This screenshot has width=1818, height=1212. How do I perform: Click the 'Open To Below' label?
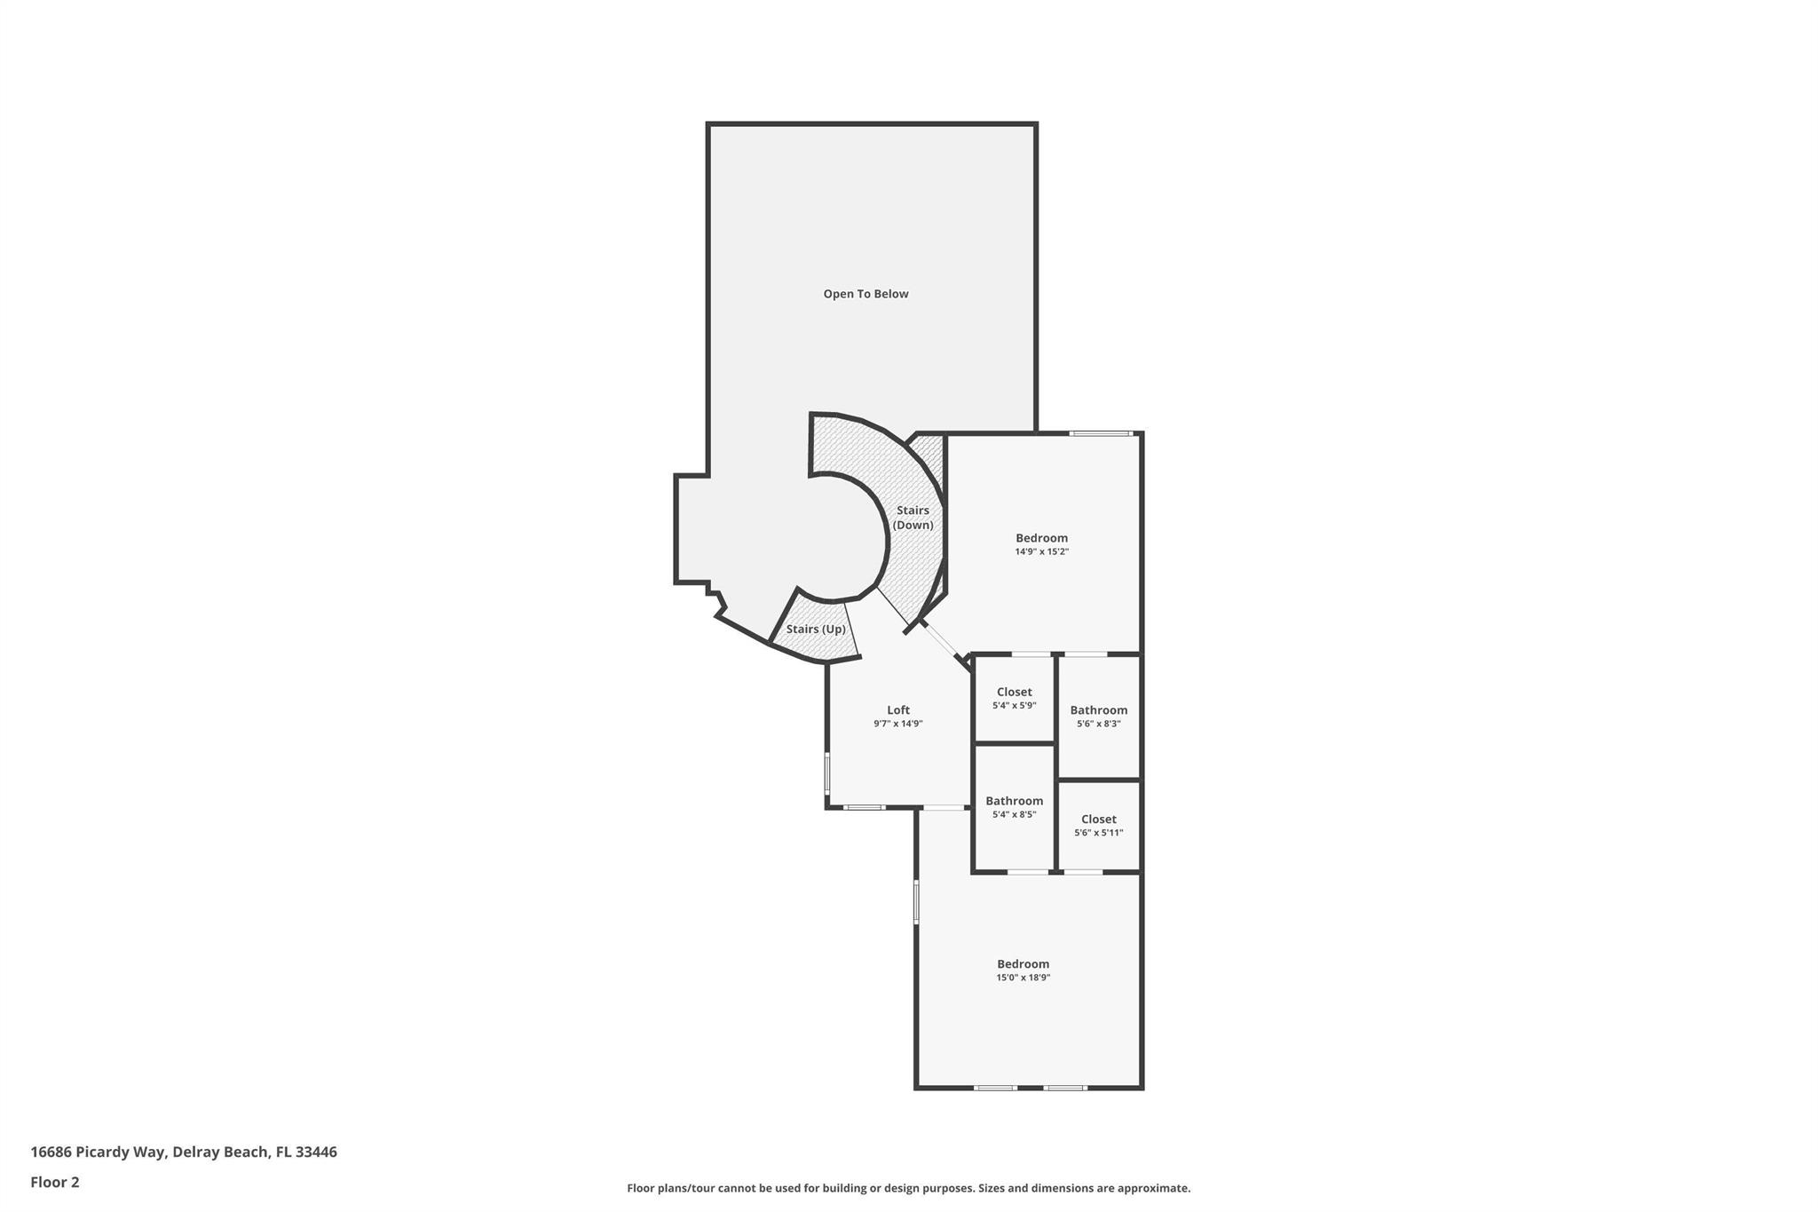click(866, 294)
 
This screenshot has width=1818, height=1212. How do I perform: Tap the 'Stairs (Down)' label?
click(913, 518)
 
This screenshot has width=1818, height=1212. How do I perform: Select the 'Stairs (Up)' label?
click(816, 630)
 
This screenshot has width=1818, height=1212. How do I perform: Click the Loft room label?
click(898, 709)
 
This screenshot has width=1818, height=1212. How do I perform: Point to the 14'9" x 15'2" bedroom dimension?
click(1041, 551)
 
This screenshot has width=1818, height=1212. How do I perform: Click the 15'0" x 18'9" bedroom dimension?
click(1023, 978)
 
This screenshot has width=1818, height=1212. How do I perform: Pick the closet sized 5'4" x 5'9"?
click(1014, 698)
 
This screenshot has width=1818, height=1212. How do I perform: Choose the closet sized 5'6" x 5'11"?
click(1098, 825)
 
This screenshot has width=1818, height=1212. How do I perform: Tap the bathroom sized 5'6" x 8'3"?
click(1098, 716)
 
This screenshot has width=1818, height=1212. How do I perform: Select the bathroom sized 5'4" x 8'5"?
click(1014, 806)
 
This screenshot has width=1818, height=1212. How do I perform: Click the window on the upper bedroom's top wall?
click(1101, 433)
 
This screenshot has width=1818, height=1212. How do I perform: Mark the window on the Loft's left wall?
click(827, 772)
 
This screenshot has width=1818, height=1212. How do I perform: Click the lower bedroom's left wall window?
click(917, 901)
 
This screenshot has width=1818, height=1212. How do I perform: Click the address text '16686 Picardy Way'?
click(98, 1152)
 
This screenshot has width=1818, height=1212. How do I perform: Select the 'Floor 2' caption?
click(55, 1182)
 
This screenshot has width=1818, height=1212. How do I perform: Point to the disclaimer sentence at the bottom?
click(908, 1188)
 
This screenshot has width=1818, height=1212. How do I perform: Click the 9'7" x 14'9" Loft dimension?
click(898, 724)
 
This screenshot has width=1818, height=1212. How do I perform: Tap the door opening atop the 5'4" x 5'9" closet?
click(1031, 654)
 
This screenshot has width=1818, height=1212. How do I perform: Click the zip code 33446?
click(316, 1152)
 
